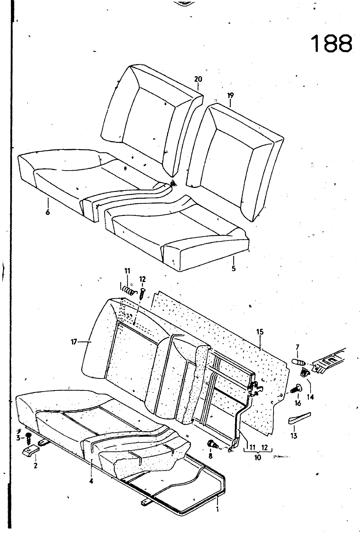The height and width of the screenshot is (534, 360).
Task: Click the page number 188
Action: (331, 43)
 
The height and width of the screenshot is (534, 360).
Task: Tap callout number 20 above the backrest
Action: (198, 79)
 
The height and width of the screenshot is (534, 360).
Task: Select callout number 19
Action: (230, 96)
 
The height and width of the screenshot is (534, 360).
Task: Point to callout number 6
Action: (48, 212)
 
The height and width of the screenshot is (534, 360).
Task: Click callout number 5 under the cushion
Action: (233, 268)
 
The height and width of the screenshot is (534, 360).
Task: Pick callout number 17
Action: (74, 341)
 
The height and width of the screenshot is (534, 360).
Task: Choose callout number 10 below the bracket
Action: (257, 458)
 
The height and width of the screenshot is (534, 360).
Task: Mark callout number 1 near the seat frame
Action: (217, 509)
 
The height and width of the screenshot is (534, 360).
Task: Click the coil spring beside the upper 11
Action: (128, 290)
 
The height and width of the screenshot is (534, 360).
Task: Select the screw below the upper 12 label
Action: (143, 294)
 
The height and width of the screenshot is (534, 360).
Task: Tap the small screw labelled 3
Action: (28, 437)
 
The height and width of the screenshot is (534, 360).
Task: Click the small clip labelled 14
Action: (304, 372)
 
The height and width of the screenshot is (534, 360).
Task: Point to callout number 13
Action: (294, 436)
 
